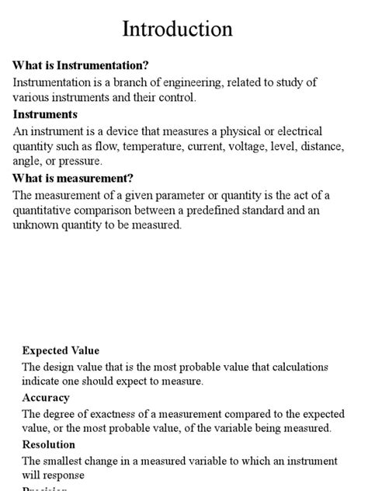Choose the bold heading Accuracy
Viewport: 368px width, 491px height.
pos(46,398)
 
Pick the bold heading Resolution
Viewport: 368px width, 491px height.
pos(49,444)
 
